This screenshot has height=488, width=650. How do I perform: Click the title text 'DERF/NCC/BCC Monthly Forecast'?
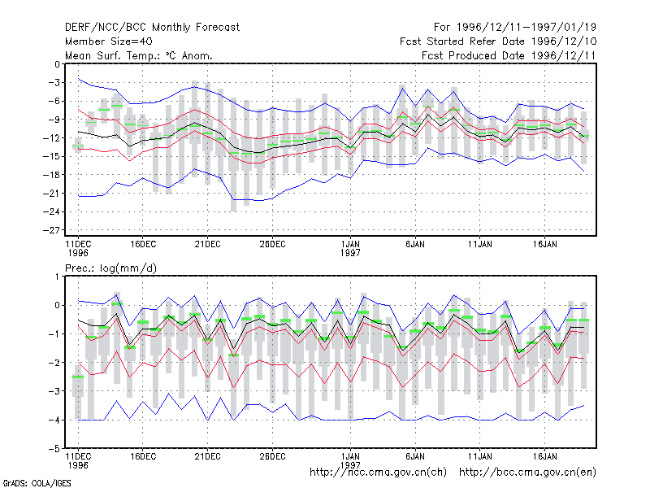[152, 28]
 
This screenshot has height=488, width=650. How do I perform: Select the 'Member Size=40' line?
[109, 41]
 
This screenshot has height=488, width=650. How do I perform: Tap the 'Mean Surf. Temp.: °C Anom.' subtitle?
[138, 55]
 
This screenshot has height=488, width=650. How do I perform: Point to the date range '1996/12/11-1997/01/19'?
[526, 28]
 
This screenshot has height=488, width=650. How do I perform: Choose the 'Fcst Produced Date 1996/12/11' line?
[509, 55]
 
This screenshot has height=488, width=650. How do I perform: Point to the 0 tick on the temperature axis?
[57, 64]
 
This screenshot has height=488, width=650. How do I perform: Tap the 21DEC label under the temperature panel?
[207, 245]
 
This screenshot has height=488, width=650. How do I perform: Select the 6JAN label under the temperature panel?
[415, 245]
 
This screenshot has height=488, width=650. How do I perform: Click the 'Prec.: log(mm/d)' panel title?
[110, 268]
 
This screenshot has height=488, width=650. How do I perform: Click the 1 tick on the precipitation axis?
[57, 277]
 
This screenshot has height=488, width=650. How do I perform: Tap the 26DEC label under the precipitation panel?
[272, 456]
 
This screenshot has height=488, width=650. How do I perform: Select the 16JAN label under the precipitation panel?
[544, 456]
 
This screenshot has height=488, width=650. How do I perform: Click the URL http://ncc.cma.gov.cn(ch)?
[378, 473]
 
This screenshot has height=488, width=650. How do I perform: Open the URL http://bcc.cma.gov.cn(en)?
[527, 473]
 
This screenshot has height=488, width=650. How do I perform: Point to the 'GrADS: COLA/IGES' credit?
[37, 483]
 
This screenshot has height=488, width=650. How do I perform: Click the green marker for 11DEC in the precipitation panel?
[78, 377]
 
